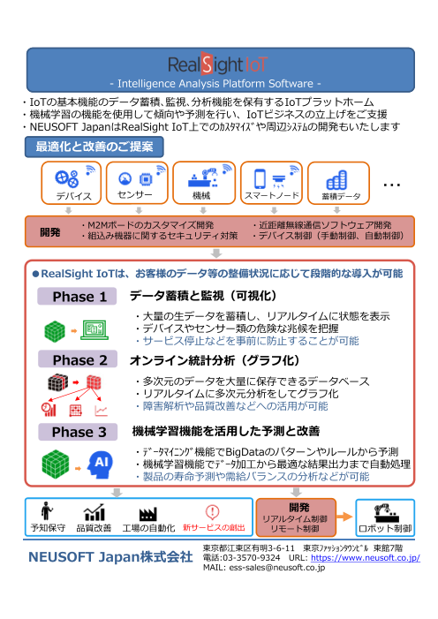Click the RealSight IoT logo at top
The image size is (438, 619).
click(x=218, y=65)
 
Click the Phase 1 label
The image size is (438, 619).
click(x=79, y=296)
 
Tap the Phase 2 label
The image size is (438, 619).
click(x=79, y=359)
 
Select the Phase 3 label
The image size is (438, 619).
click(x=79, y=433)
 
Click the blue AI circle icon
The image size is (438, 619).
click(x=101, y=463)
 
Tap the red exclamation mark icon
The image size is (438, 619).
click(x=212, y=511)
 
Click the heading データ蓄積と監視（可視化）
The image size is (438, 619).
click(x=204, y=295)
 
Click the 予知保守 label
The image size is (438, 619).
click(x=47, y=527)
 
